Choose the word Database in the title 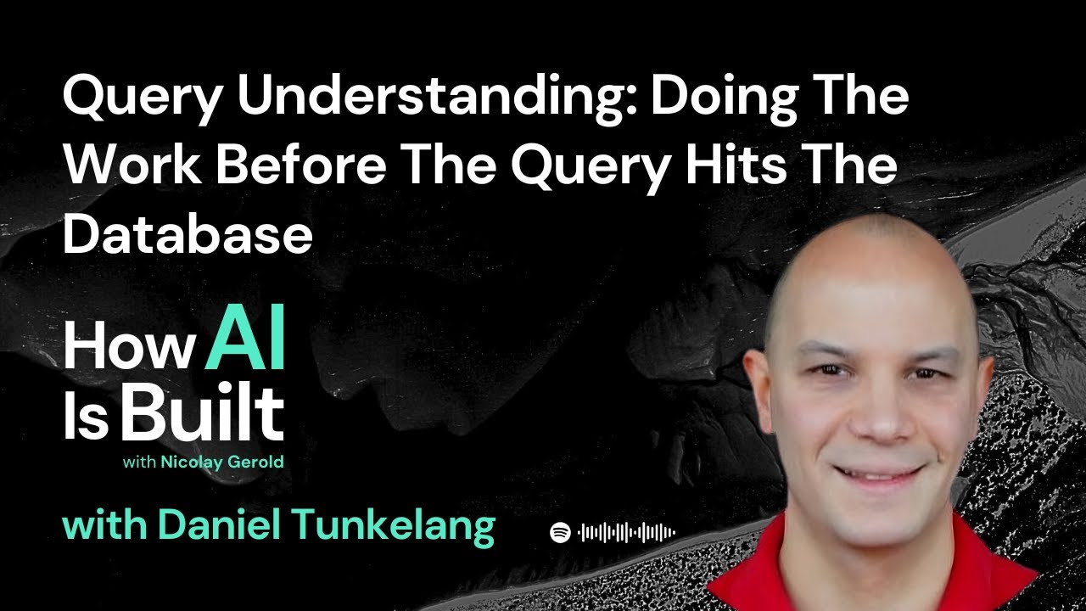point(188,233)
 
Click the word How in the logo point(130,346)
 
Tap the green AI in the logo point(245,338)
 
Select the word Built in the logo point(202,413)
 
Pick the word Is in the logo point(86,418)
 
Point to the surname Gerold point(256,462)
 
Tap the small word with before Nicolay point(140,462)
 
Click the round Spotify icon point(560,532)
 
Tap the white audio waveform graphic point(626,532)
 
